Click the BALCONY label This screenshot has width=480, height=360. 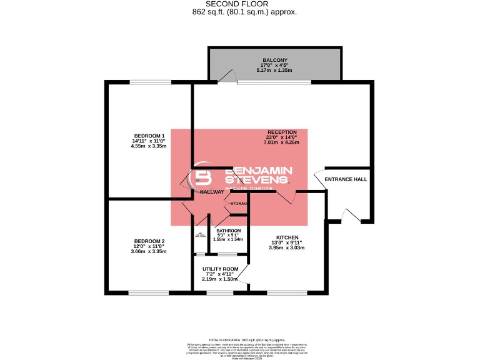pos(274,60)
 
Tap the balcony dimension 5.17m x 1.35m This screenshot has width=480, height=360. pos(274,71)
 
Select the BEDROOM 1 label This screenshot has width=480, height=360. pos(149,136)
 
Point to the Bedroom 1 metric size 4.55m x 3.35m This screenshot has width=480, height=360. pos(149,146)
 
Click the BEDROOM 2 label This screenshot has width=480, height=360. pos(149,241)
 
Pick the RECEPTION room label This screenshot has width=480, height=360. pos(282,132)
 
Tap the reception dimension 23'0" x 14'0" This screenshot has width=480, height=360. pos(282,137)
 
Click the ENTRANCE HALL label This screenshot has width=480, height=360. pos(346,179)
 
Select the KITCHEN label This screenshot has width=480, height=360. pos(287,237)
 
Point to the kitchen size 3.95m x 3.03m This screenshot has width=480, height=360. pos(287,248)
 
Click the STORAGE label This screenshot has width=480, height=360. pos(239,204)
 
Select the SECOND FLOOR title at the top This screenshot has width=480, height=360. pos(241,4)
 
